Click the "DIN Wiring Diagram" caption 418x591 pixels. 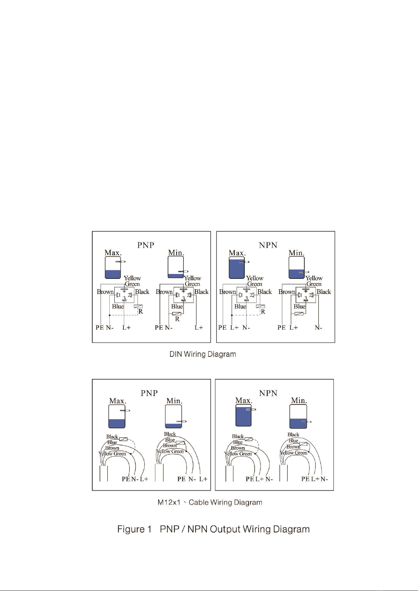coord(203,354)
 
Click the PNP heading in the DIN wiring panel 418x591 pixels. coord(146,245)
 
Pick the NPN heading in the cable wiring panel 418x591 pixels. coord(268,393)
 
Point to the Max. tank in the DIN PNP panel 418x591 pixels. coord(113,267)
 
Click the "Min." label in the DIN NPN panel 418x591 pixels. coord(297,253)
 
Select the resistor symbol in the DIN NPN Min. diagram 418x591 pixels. coord(299,314)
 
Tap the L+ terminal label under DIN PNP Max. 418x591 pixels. coord(126,328)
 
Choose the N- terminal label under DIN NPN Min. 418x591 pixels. coord(318,328)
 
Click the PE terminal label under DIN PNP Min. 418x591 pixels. coord(159,328)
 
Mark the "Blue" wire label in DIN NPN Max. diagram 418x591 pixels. coord(240,306)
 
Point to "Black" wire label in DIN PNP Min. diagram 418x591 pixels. coord(201,292)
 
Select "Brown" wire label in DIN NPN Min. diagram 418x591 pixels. coord(286,292)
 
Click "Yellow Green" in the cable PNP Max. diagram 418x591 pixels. coord(112,454)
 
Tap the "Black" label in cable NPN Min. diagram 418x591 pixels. coord(293,435)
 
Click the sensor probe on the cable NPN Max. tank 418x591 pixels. coord(251,409)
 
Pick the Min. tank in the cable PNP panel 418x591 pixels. coord(174,416)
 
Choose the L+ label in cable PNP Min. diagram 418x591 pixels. coord(203,479)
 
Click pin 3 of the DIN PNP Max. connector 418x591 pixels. coord(124,298)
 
